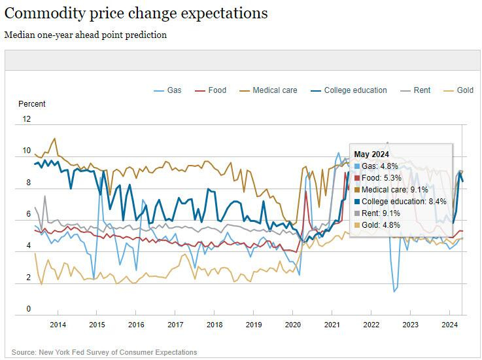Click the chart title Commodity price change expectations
pyautogui.click(x=136, y=13)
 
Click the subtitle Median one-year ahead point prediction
pyautogui.click(x=86, y=35)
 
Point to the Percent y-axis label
pyautogui.click(x=32, y=104)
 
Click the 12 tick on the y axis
pyautogui.click(x=26, y=119)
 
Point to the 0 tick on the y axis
pyautogui.click(x=28, y=309)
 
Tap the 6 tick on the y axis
pyautogui.click(x=28, y=214)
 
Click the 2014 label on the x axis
pyautogui.click(x=58, y=325)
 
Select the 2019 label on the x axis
pyautogui.click(x=253, y=325)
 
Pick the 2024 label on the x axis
pyautogui.click(x=449, y=325)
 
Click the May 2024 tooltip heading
pyautogui.click(x=371, y=154)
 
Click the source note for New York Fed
pyautogui.click(x=104, y=352)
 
